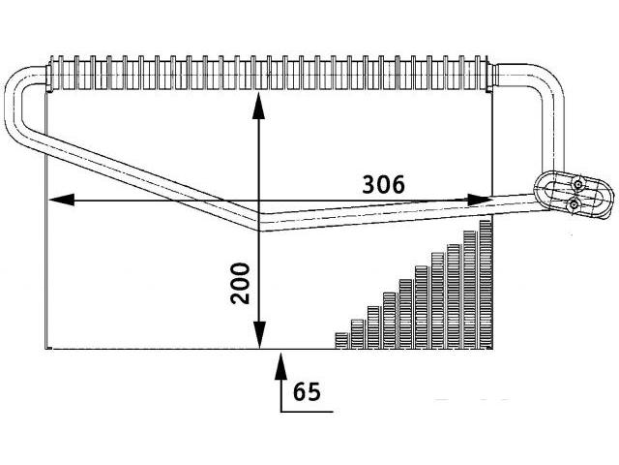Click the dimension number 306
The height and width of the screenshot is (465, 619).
pyautogui.click(x=383, y=185)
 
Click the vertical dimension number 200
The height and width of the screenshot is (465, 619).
pyautogui.click(x=241, y=284)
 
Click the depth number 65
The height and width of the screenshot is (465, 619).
pyautogui.click(x=308, y=391)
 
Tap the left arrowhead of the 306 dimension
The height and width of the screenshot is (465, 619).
pyautogui.click(x=61, y=200)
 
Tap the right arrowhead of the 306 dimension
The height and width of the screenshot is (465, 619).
pyautogui.click(x=480, y=201)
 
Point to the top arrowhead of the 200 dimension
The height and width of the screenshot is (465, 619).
pyautogui.click(x=258, y=106)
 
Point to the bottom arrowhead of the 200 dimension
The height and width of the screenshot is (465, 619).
pyautogui.click(x=259, y=335)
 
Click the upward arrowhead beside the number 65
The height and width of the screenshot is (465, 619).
pyautogui.click(x=280, y=366)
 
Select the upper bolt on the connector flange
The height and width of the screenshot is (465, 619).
pyautogui.click(x=578, y=185)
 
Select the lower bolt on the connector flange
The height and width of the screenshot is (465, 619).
pyautogui.click(x=573, y=204)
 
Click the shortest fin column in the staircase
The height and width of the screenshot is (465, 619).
pyautogui.click(x=341, y=341)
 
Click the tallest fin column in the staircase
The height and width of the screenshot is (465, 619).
pyautogui.click(x=486, y=285)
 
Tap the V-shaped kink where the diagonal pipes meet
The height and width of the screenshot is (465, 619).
pyautogui.click(x=259, y=222)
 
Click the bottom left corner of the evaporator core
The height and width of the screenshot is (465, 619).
pyautogui.click(x=47, y=349)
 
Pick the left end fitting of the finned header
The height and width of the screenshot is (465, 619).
pyautogui.click(x=49, y=78)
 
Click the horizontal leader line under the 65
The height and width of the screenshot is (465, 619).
pyautogui.click(x=307, y=412)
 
